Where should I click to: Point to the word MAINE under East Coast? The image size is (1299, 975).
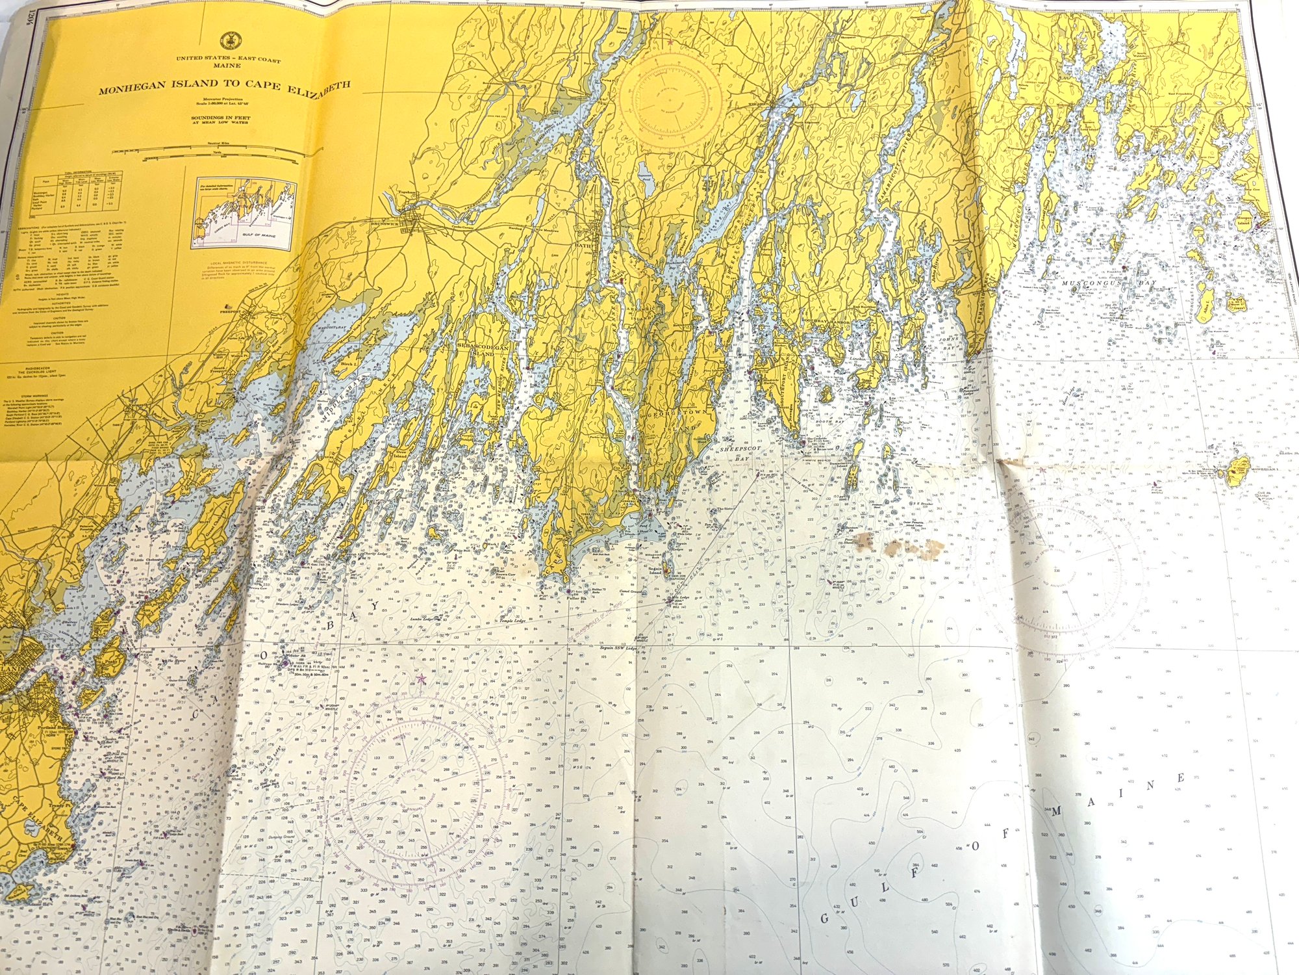pos(228,66)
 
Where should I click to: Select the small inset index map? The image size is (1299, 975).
pos(243,215)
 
